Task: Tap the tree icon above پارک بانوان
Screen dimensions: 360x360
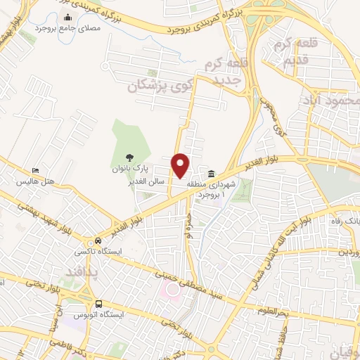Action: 128,158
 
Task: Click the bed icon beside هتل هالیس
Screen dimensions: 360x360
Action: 35,171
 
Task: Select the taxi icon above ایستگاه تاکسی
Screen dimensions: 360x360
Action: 87,238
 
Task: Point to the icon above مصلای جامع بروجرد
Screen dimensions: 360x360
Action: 67,18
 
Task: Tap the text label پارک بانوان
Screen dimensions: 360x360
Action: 127,169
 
